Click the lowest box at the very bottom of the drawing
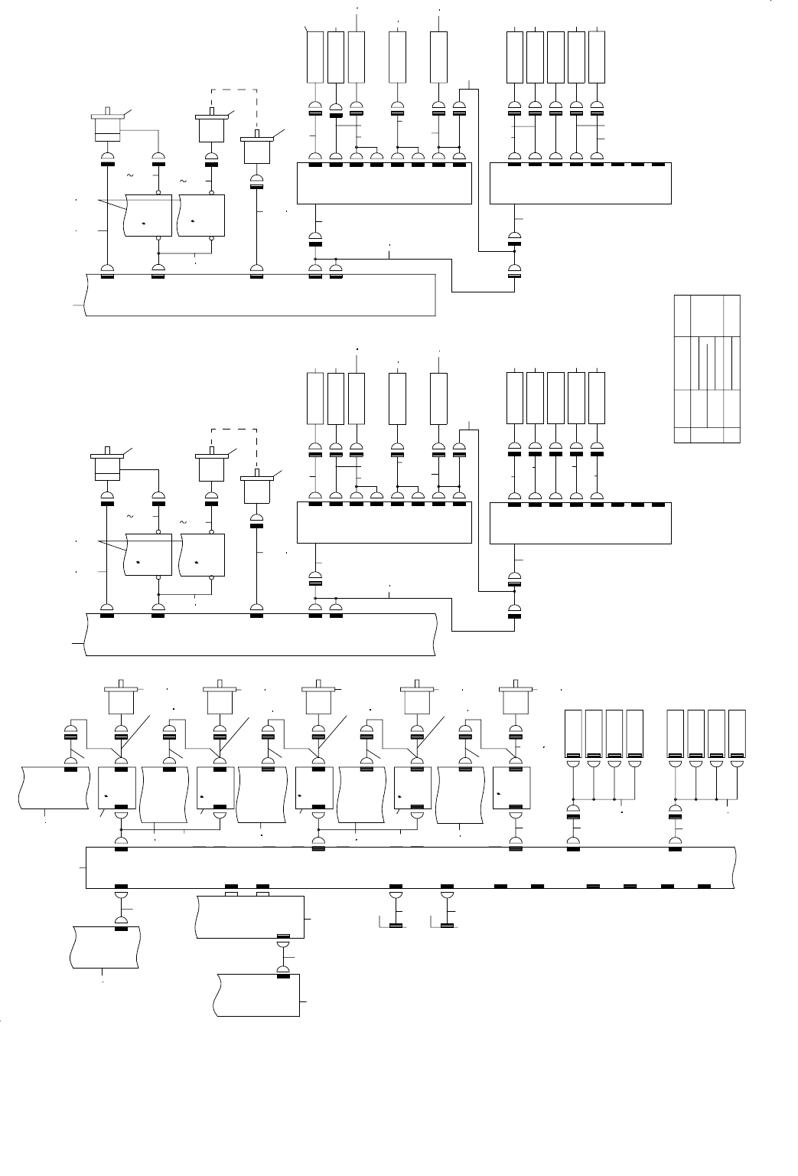tap(258, 995)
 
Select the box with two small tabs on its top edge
tap(251, 916)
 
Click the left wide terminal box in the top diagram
tap(383, 184)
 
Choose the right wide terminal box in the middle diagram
tap(580, 524)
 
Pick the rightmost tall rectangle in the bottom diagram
tap(737, 733)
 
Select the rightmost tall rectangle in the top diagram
tap(597, 57)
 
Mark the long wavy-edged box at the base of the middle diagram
tap(260, 634)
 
